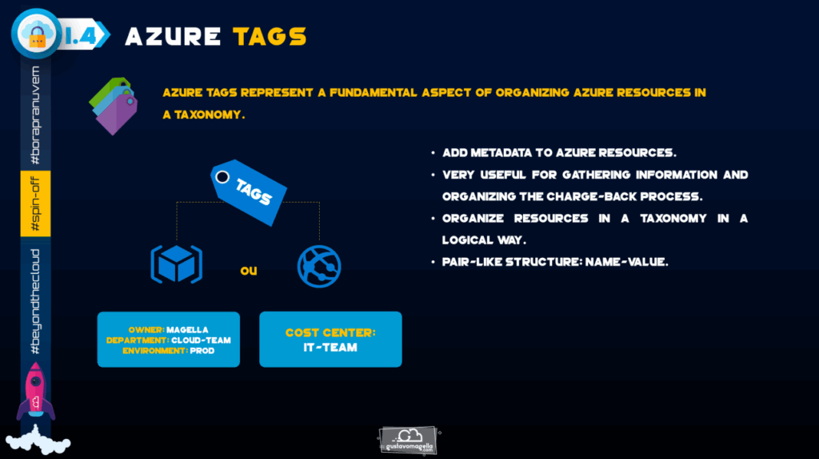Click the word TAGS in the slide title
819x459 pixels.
(x=270, y=37)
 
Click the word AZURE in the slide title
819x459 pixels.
(x=173, y=37)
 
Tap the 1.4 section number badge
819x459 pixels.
(x=83, y=35)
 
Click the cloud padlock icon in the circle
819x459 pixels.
(x=37, y=34)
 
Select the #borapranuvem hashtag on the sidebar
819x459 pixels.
(x=35, y=115)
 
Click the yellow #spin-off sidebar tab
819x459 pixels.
(x=35, y=203)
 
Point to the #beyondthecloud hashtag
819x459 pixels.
(x=35, y=301)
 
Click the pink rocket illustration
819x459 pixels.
(x=35, y=392)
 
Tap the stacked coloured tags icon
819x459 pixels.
(x=114, y=106)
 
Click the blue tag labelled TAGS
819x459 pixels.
(x=249, y=192)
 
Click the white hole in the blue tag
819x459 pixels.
(x=222, y=177)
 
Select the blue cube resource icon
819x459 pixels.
(x=177, y=264)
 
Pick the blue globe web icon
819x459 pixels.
(x=319, y=267)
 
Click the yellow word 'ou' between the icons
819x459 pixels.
(x=249, y=271)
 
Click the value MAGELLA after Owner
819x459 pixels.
(x=187, y=330)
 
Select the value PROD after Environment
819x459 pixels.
(x=202, y=351)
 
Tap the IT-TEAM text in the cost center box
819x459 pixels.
(x=330, y=348)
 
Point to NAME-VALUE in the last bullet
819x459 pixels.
(x=627, y=262)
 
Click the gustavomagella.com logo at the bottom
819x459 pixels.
(x=408, y=440)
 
